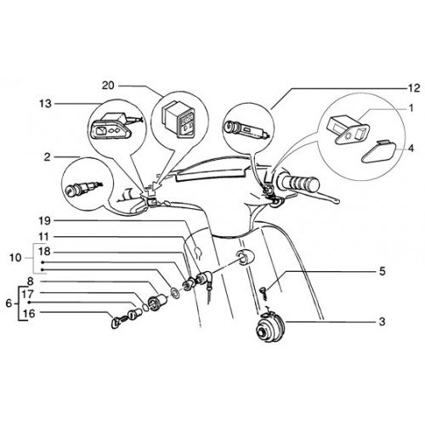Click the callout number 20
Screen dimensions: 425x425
[x=108, y=85]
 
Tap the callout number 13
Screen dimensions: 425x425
[x=45, y=104]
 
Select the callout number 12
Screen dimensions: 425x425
[x=414, y=88]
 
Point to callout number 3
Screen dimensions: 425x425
[x=382, y=322]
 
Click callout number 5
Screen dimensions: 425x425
[x=382, y=271]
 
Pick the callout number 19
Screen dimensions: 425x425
[x=44, y=221]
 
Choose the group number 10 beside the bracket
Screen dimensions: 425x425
[x=15, y=258]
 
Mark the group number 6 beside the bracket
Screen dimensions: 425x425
[x=9, y=303]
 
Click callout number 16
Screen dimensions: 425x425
[x=28, y=314]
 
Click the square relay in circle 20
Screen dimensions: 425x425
[x=178, y=121]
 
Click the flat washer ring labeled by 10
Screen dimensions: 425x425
[x=175, y=293]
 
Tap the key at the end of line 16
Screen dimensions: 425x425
[x=116, y=323]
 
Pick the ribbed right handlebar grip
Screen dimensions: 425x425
[x=299, y=183]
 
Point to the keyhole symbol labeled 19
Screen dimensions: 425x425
[x=199, y=252]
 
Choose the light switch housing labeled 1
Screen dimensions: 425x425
[x=348, y=129]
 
